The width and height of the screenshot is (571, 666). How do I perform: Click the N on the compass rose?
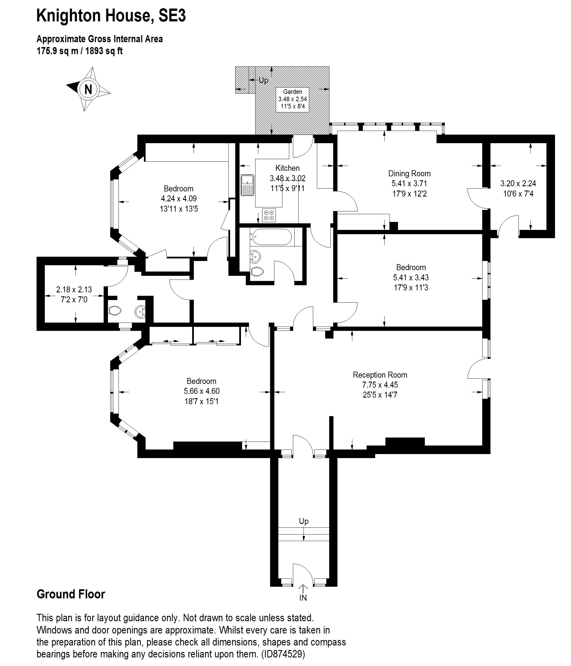(x=88, y=89)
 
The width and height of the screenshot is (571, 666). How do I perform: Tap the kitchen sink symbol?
(x=247, y=185)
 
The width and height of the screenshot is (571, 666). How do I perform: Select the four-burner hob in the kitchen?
(x=269, y=215)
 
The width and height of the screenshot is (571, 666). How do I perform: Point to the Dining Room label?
(x=409, y=174)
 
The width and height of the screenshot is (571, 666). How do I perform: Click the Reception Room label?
(x=380, y=375)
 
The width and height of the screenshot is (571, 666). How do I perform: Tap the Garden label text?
(x=292, y=92)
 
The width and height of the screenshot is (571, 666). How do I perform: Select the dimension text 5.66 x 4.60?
(x=201, y=391)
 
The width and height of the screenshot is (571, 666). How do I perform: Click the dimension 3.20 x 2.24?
(x=518, y=183)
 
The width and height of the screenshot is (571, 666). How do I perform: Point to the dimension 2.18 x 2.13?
(x=74, y=290)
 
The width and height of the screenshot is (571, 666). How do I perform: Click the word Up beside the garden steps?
(x=264, y=80)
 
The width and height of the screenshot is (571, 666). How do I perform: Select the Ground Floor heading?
(x=71, y=594)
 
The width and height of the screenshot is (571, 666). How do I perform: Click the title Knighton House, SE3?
(x=111, y=15)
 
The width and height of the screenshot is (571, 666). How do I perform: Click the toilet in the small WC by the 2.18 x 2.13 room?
(x=114, y=311)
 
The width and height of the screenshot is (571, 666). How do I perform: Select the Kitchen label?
(x=287, y=168)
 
